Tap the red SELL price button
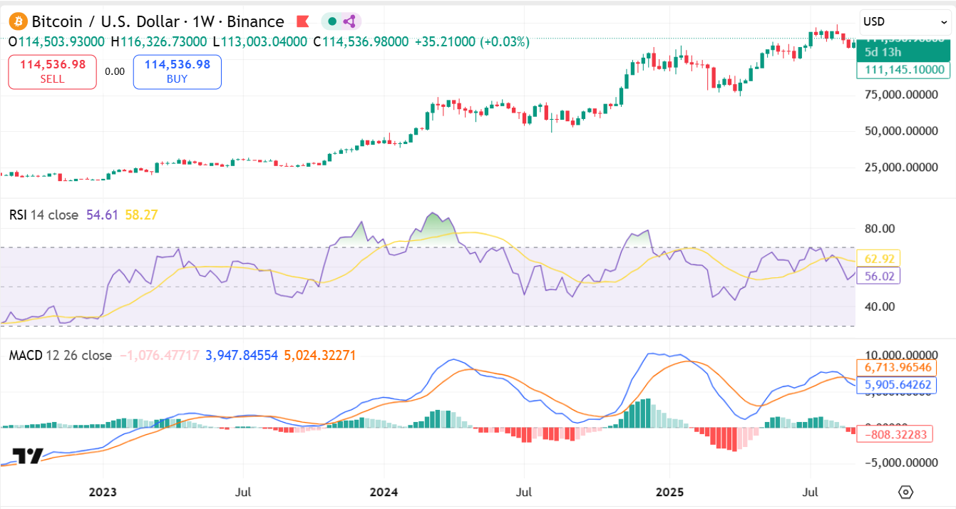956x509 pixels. (52, 71)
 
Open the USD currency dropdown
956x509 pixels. (904, 21)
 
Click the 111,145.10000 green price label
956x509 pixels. (903, 70)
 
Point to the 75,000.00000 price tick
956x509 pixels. (901, 94)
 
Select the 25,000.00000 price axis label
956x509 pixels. (901, 168)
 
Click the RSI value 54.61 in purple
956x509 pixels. (101, 215)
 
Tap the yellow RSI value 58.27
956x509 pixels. (140, 215)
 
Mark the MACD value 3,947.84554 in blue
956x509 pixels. (242, 355)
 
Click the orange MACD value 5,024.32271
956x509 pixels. (319, 355)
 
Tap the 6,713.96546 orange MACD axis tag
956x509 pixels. (898, 367)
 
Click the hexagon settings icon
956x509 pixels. (905, 492)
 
